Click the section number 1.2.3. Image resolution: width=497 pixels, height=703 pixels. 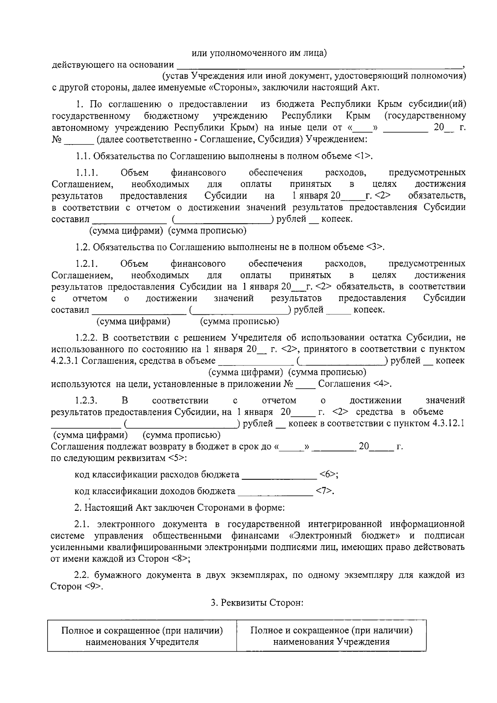(x=86, y=400)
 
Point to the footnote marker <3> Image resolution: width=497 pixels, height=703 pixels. (x=375, y=247)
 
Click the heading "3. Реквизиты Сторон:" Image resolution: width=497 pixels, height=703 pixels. (x=257, y=603)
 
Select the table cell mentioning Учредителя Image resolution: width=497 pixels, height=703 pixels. (x=142, y=636)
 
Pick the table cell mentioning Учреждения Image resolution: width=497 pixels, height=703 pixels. (x=331, y=636)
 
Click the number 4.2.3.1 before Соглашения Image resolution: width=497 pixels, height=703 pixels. (x=65, y=360)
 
